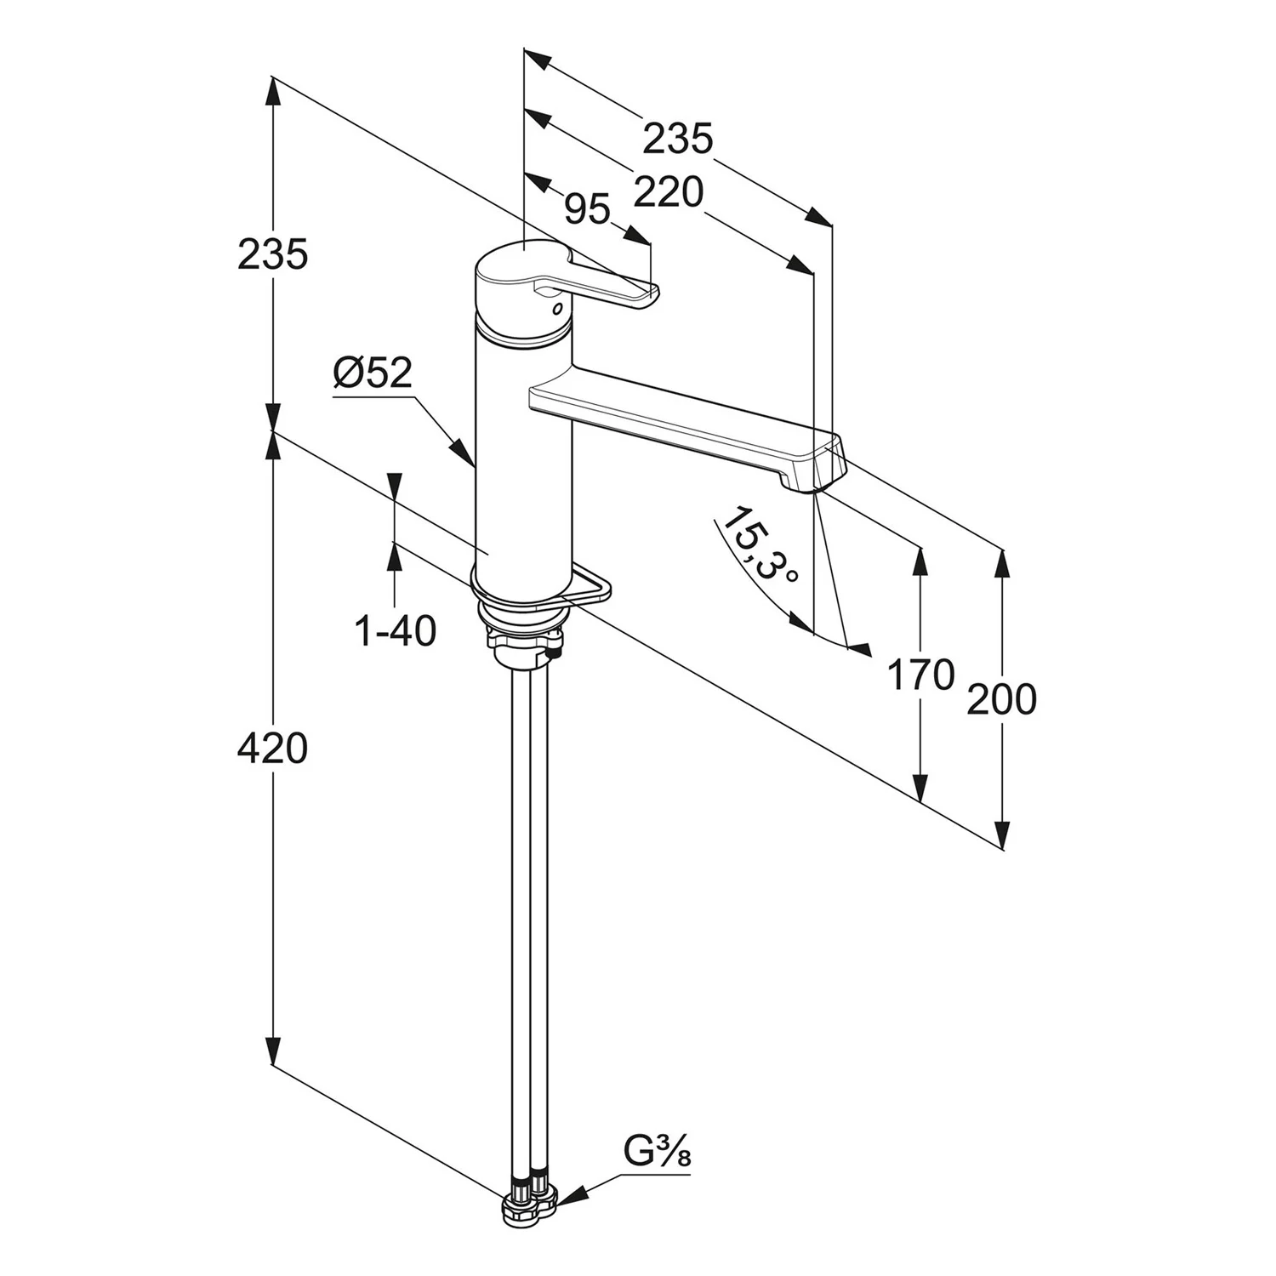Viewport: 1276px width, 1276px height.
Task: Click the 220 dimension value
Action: [x=669, y=194]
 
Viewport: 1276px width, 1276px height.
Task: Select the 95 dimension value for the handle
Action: [x=588, y=209]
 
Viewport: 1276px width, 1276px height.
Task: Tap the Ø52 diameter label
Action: [x=373, y=373]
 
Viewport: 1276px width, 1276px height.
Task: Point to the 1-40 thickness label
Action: [x=395, y=631]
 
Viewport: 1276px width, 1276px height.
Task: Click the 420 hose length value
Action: [x=272, y=749]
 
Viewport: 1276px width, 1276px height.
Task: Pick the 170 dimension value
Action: [x=920, y=676]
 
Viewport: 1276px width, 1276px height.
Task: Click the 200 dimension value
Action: [x=1002, y=699]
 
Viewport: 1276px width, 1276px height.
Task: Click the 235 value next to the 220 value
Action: [x=677, y=139]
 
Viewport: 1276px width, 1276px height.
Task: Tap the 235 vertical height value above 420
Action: [x=272, y=254]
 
